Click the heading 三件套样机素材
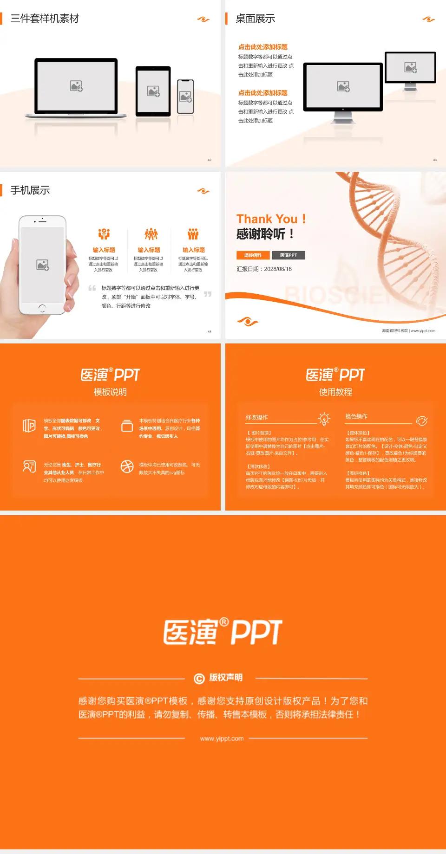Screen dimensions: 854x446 point(45,19)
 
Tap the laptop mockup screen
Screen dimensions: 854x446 point(76,86)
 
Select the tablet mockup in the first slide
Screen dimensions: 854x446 point(153,91)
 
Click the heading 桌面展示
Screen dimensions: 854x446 point(255,19)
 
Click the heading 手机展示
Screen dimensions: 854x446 point(30,190)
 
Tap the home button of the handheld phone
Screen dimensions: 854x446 point(42,308)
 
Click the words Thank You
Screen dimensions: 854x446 point(267,219)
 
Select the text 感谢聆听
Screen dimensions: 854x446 point(261,234)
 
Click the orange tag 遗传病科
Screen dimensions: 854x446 point(253,255)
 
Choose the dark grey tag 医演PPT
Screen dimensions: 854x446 point(289,255)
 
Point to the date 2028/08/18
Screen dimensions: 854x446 point(278,269)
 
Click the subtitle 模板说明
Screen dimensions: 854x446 point(110,392)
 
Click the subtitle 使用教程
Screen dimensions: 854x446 point(335,392)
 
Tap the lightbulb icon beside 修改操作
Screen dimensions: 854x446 point(324,419)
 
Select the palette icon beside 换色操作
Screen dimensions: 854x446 point(422,421)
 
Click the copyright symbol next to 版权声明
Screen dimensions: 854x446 point(199,679)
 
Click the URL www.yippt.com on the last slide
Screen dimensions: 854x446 point(222,738)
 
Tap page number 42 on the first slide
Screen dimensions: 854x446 point(210,160)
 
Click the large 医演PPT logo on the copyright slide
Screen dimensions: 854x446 point(223,632)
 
